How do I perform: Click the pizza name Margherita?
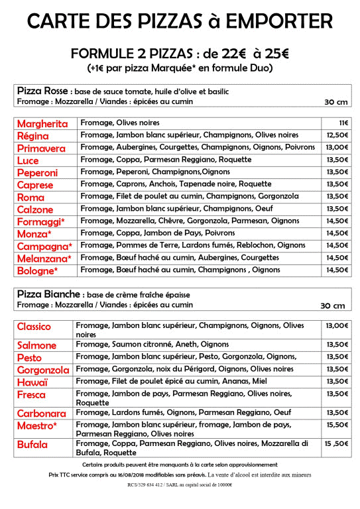pos(42,124)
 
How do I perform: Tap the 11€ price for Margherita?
pos(344,123)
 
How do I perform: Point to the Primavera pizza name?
pos(41,148)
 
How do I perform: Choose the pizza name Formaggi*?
pos(41,221)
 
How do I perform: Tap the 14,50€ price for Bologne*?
pos(337,270)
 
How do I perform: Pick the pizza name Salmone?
pos(37,345)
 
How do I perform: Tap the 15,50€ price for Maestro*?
pos(337,425)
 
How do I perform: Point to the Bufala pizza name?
pos(33,445)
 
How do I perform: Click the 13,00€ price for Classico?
pos(337,325)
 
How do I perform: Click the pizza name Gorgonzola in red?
pos(43,370)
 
